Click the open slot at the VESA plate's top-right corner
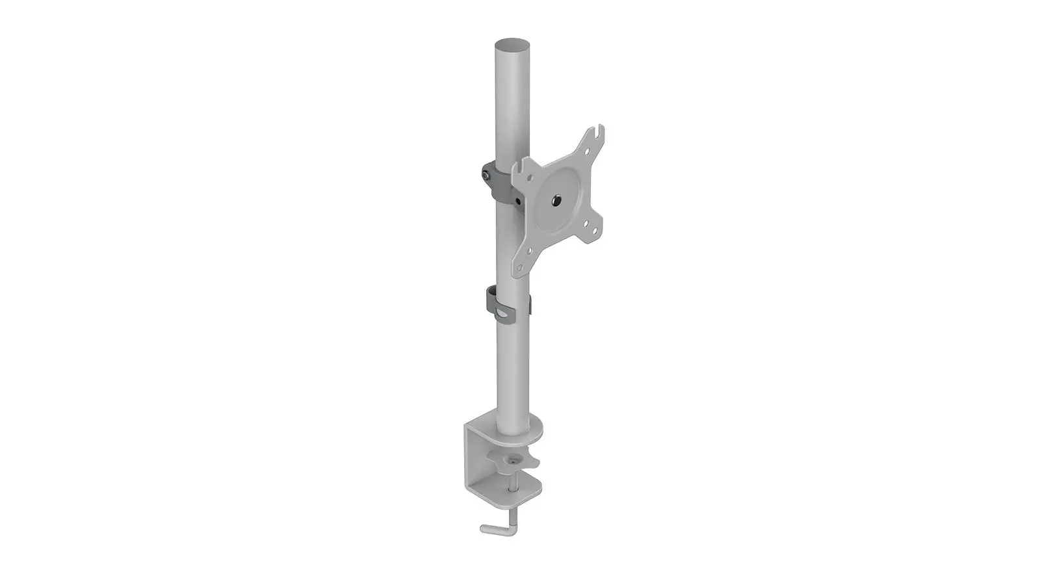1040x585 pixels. coord(601,132)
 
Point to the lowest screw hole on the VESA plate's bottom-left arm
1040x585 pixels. coord(519,268)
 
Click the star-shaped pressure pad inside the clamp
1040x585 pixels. coord(514,461)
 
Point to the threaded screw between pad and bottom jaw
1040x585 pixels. coord(515,482)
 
